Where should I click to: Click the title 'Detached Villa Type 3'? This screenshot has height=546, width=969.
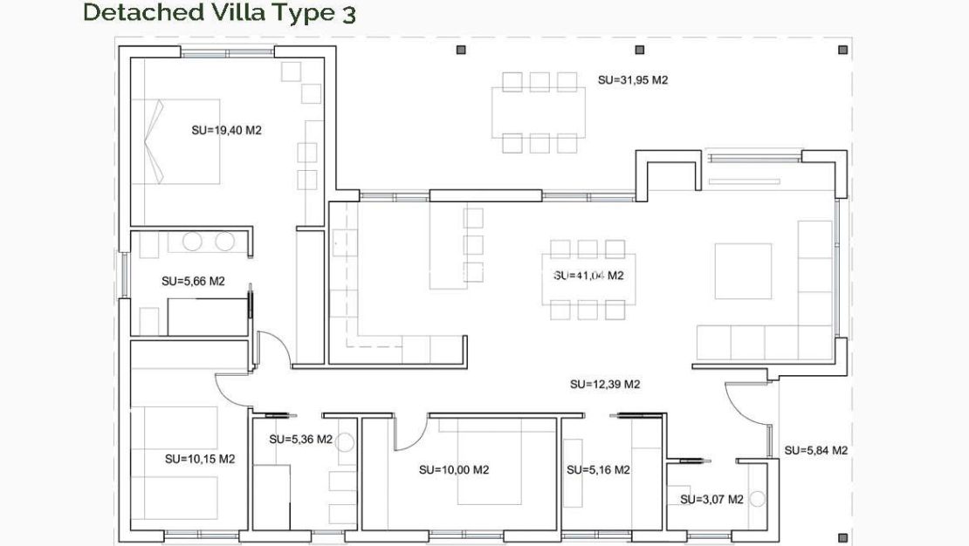(x=219, y=13)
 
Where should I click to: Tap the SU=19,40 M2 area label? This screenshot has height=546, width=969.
(x=227, y=130)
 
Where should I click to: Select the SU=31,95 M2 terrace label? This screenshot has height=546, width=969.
(x=633, y=79)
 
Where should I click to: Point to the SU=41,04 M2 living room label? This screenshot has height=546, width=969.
(x=588, y=276)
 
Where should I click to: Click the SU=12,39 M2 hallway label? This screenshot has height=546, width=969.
(x=605, y=384)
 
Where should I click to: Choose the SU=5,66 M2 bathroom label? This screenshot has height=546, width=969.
(x=194, y=281)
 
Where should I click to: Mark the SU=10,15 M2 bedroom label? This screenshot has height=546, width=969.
(x=200, y=458)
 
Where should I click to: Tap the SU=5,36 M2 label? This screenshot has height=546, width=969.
(x=300, y=440)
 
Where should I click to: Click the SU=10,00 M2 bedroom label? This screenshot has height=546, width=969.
(x=453, y=469)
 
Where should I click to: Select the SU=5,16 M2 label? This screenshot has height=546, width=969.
(x=598, y=470)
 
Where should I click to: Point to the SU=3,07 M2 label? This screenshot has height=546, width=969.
(x=711, y=500)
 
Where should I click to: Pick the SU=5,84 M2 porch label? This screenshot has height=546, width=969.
(x=815, y=451)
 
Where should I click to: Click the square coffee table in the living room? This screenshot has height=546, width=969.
(x=743, y=271)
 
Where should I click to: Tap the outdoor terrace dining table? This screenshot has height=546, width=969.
(x=539, y=112)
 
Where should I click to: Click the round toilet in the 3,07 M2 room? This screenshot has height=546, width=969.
(x=757, y=500)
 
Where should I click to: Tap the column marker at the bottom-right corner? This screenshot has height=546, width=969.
(x=842, y=537)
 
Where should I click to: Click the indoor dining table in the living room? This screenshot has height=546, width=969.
(x=589, y=279)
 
